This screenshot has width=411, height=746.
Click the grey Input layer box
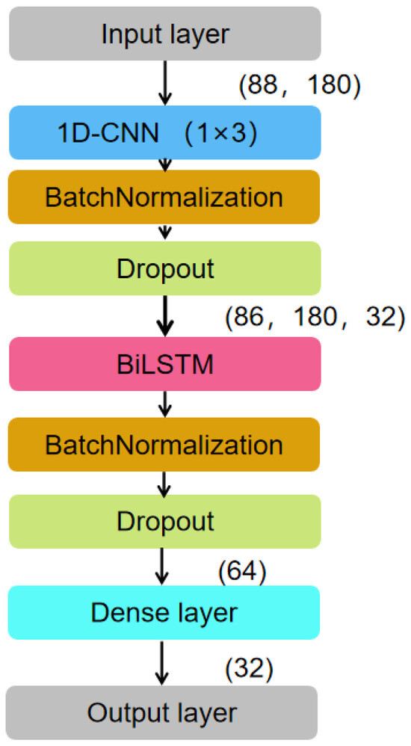[164, 34]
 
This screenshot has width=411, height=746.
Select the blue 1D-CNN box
[164, 132]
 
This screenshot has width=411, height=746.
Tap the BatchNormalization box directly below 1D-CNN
[164, 197]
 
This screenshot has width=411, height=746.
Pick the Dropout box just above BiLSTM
[164, 268]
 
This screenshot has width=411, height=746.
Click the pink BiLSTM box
[164, 364]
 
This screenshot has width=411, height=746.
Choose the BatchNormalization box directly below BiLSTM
[164, 445]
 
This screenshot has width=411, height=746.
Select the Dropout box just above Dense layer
[164, 520]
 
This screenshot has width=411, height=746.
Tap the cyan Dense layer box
[164, 612]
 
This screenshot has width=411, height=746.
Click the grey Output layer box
[164, 712]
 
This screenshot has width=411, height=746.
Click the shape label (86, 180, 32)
[314, 317]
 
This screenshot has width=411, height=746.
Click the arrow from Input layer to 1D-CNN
[165, 83]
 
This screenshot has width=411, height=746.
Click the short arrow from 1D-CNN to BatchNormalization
[165, 164]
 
